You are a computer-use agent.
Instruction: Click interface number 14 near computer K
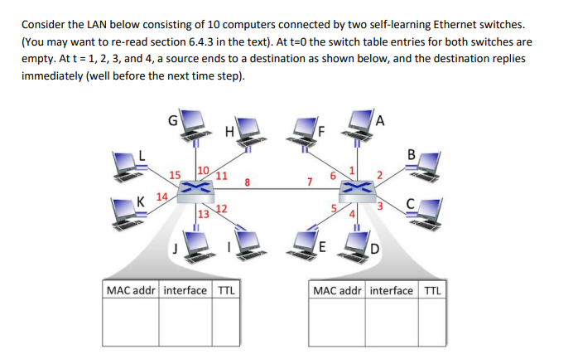pos(161,197)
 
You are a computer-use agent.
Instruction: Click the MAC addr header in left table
pos(131,290)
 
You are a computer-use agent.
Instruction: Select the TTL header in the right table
pos(432,290)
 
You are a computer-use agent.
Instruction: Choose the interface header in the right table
pos(392,290)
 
